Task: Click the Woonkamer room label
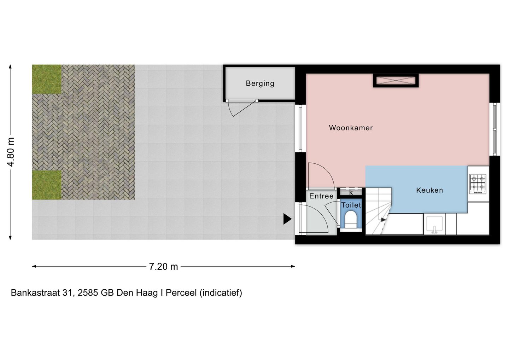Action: point(351,128)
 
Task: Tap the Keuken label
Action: point(429,190)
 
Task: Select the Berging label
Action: point(260,84)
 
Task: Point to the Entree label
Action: point(321,196)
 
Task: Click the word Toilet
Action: point(351,205)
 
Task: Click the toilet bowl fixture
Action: point(351,220)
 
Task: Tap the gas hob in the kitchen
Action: point(478,184)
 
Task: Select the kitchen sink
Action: point(434,225)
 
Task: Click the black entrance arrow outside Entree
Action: point(287,219)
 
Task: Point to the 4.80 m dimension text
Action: point(11,152)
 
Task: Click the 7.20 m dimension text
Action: point(163,267)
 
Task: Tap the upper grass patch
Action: point(47,79)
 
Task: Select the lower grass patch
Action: point(47,185)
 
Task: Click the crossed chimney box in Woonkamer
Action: point(396,81)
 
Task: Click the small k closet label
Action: point(351,193)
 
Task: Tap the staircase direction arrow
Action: point(383,220)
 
